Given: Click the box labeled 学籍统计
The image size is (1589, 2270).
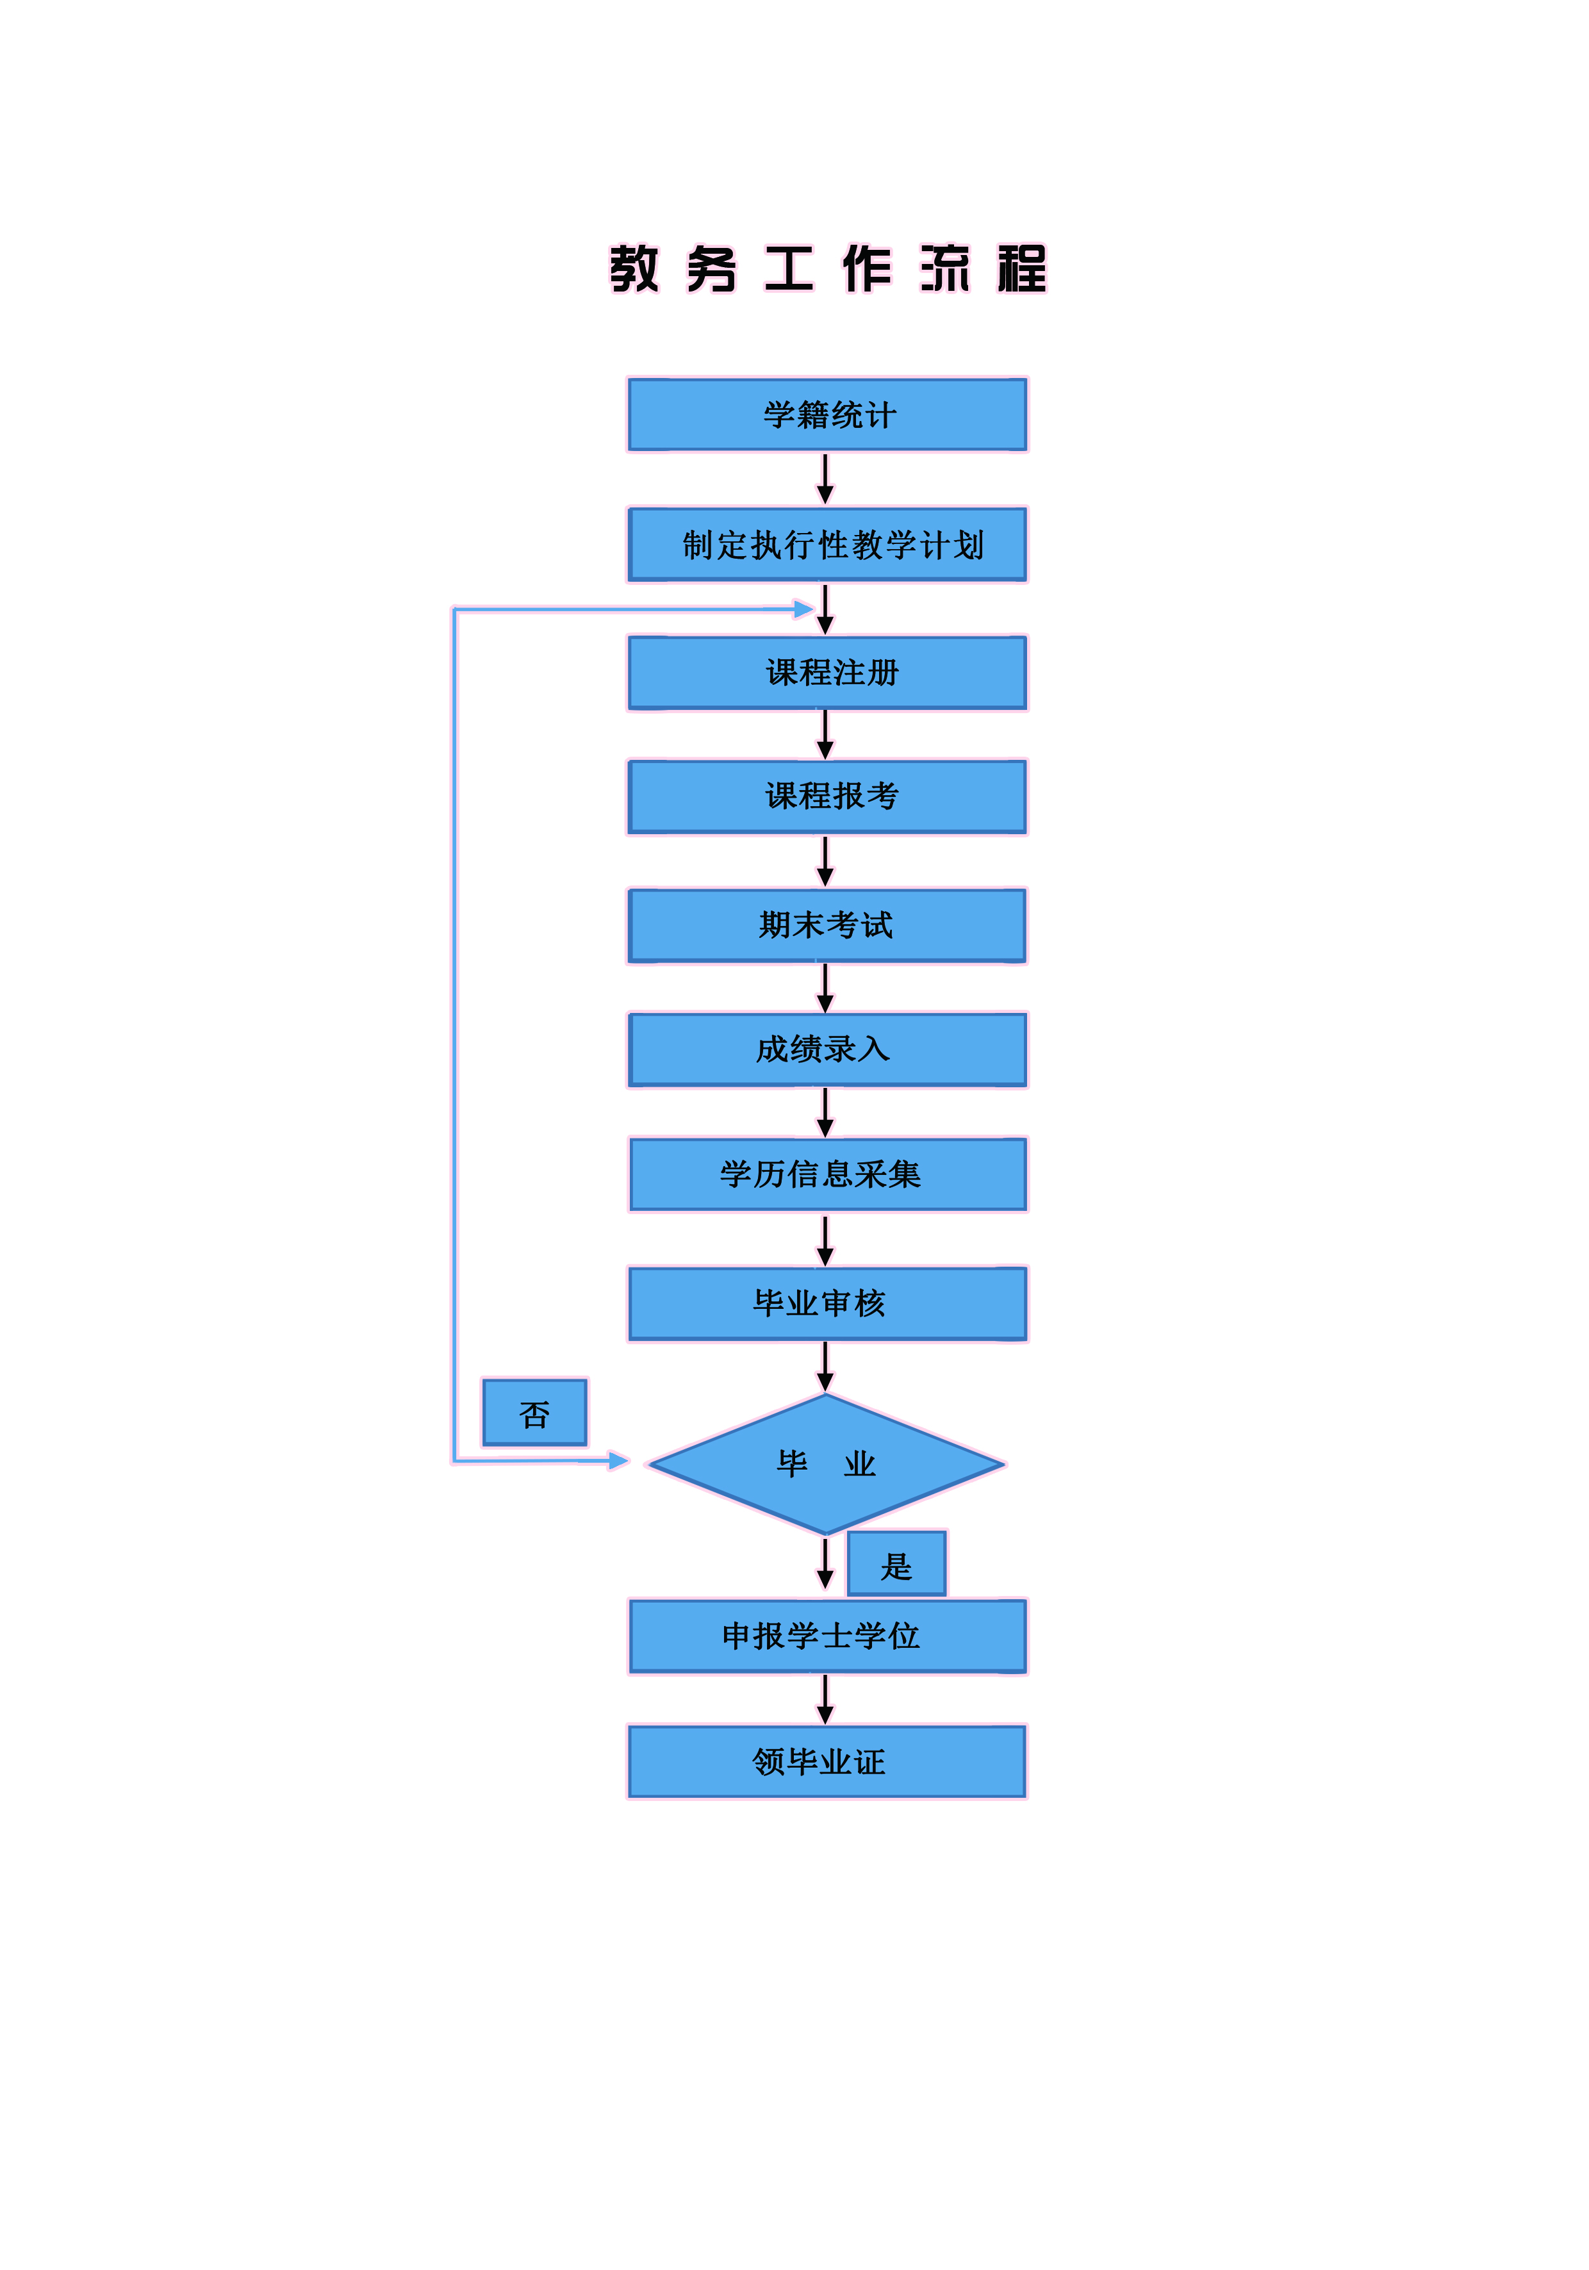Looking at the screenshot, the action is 827,415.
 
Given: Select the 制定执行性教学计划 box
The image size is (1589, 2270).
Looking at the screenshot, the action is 827,545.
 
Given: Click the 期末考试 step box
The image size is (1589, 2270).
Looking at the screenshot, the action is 827,925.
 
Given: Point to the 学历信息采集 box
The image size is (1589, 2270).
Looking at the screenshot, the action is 827,1174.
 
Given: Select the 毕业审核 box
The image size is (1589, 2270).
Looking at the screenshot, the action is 827,1304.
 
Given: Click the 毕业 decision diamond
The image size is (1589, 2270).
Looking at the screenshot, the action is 827,1464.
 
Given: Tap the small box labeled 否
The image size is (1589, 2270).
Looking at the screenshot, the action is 534,1413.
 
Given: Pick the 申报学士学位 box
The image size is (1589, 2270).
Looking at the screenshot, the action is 827,1637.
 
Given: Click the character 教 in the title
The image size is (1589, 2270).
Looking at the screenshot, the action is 634,269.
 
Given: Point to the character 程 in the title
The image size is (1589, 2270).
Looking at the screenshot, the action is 1021,269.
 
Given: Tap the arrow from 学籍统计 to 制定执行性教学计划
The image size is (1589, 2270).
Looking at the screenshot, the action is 825,479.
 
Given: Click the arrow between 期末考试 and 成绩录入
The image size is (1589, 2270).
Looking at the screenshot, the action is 825,989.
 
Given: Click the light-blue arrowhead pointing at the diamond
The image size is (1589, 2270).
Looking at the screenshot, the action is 618,1460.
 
